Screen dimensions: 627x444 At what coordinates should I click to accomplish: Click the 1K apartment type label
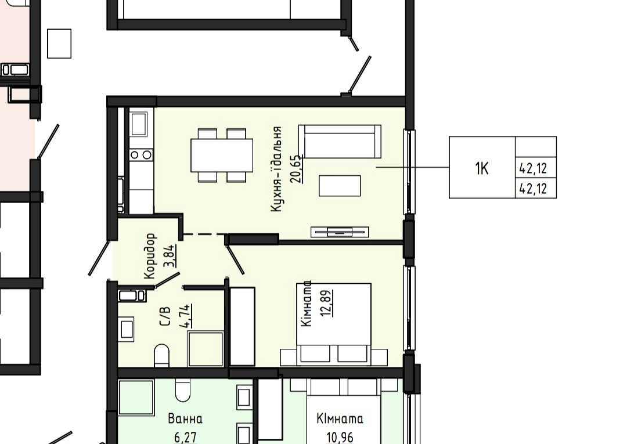click(482, 169)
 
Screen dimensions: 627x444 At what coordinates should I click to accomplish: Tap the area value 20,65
click(297, 169)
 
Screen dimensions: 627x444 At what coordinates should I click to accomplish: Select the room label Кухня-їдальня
click(276, 169)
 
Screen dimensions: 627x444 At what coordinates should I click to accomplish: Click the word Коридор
click(150, 256)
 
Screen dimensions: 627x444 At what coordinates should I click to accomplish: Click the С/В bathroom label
click(165, 316)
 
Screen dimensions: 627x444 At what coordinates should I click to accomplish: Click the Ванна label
click(185, 419)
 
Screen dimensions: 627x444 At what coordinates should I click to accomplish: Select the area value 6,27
click(185, 437)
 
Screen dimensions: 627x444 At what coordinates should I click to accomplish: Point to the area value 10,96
click(340, 437)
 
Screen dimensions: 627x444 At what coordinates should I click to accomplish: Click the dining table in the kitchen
click(222, 155)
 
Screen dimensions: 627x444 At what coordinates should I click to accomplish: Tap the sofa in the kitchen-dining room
click(340, 141)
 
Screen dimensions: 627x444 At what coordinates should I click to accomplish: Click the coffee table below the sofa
click(340, 186)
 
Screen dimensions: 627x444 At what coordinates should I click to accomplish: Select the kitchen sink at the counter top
click(139, 124)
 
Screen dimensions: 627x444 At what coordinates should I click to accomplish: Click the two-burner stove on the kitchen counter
click(141, 154)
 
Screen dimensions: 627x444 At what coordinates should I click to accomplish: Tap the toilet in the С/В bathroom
click(161, 355)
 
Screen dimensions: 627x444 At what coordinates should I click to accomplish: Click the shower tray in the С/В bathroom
click(206, 348)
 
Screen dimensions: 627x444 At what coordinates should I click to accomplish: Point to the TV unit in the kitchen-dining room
click(340, 232)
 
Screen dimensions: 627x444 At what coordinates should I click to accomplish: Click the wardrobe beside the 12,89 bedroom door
click(242, 326)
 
